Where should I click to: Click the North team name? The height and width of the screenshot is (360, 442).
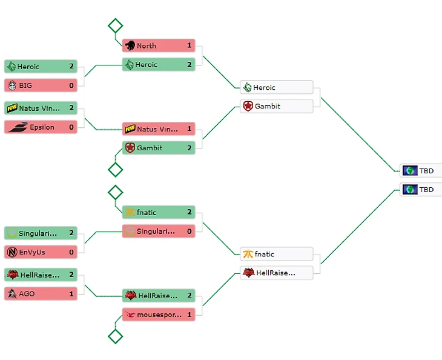pos(146,45)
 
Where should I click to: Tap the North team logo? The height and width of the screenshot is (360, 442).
pos(130,45)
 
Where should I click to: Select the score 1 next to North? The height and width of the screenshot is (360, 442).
pos(189,45)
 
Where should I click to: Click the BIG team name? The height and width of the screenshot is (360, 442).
pos(25,85)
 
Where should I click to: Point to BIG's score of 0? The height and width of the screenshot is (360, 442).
pos(71,85)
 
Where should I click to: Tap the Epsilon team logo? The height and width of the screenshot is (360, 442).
pos(16,127)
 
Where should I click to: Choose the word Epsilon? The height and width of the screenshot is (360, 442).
pos(42,127)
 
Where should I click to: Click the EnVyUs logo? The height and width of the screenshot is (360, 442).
pos(12,252)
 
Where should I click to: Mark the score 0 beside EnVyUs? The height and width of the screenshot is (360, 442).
pos(71,252)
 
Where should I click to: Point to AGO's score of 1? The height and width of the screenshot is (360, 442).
pos(71,293)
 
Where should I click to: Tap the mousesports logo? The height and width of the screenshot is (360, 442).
pos(130,315)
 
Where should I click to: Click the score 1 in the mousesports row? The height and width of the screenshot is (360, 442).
pos(189,315)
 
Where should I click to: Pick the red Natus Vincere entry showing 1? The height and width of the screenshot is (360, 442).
pos(158,129)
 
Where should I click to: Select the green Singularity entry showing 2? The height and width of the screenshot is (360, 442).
pos(40,233)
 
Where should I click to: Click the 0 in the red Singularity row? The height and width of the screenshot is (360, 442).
pos(189,231)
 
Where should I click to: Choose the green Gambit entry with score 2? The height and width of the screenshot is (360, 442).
pos(158,148)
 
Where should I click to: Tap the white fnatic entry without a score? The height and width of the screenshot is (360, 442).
pos(276,254)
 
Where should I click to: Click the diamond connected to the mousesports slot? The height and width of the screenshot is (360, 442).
pos(115,336)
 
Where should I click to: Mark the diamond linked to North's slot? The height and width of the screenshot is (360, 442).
pos(115,25)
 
